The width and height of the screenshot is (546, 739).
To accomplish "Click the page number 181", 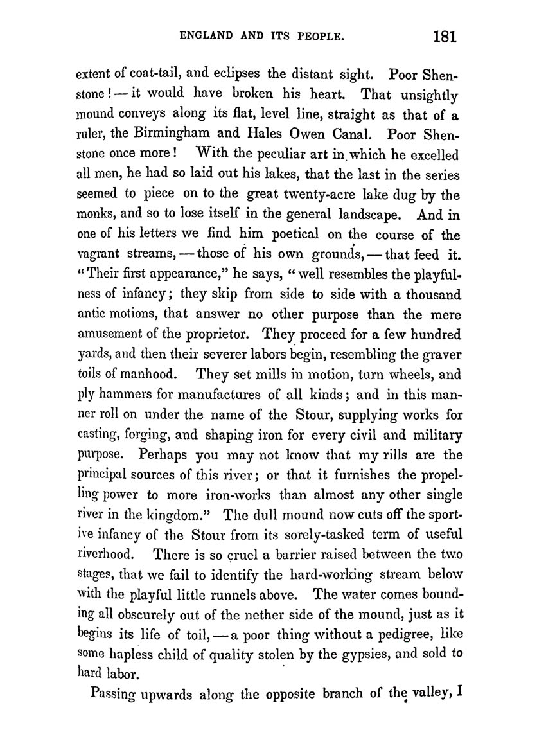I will pyautogui.click(x=445, y=36).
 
